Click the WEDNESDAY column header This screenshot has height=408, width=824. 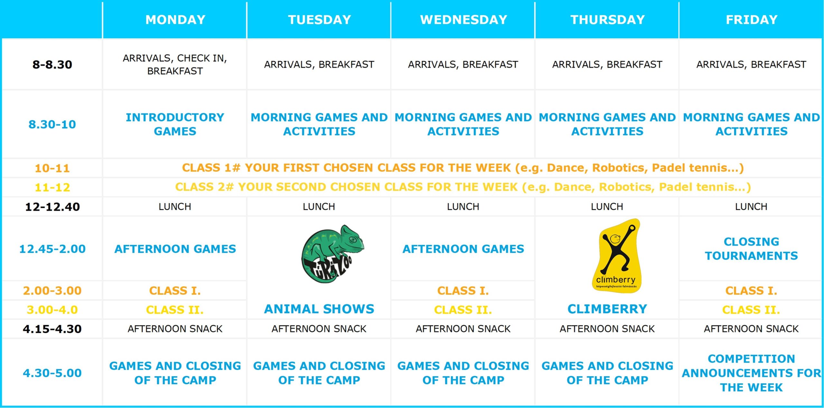(464, 20)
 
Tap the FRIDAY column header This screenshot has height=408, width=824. (752, 20)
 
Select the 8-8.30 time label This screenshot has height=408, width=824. (52, 64)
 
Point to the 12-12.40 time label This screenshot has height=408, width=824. (52, 207)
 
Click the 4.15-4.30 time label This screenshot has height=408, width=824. (52, 329)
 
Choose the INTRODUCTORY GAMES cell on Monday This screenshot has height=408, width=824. (175, 124)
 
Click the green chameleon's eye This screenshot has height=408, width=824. (352, 240)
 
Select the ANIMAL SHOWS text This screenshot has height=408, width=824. (319, 309)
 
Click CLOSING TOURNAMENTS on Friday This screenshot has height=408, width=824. (751, 249)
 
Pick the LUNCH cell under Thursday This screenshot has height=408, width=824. (607, 207)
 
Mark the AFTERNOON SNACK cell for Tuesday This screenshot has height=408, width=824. (319, 329)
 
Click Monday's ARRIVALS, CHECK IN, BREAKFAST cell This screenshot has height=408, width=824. (175, 64)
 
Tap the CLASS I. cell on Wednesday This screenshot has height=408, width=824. (463, 291)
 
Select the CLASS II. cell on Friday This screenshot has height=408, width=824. (751, 310)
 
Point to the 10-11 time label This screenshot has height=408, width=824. (52, 168)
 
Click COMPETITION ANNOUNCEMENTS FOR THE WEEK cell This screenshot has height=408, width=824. (752, 373)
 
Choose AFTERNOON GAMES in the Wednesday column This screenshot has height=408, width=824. (463, 249)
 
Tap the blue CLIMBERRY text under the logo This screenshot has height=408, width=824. (607, 309)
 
